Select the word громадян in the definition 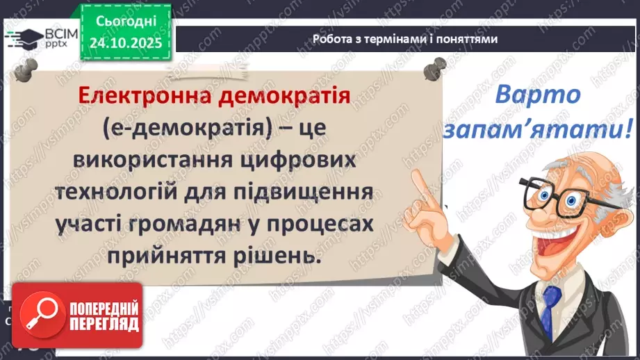click(x=211, y=224)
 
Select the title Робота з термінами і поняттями click(x=405, y=39)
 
